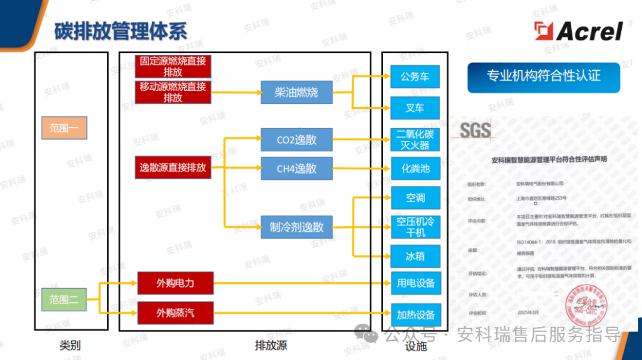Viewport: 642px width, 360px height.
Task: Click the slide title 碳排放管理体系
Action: coord(121,31)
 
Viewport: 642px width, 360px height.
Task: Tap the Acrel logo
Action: coord(578,31)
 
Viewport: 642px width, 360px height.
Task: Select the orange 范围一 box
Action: coord(64,128)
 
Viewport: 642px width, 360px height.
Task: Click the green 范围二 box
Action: coord(64,299)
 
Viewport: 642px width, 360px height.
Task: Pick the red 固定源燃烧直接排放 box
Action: coord(173,67)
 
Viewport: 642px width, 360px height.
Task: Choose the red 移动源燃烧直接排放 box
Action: coord(173,93)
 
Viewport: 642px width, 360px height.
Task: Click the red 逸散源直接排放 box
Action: coord(173,168)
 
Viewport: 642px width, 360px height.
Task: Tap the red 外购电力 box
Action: coord(175,283)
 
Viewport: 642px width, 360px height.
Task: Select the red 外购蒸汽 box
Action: coord(175,312)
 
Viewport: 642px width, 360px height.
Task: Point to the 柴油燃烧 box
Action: coord(296,93)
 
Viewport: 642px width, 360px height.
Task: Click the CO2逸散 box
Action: coord(296,140)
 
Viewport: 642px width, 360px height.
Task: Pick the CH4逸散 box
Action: coord(296,169)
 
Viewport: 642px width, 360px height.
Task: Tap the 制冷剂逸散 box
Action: coord(296,227)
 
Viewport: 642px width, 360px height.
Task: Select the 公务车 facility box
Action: coord(415,77)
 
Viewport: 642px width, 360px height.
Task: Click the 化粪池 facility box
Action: coord(415,169)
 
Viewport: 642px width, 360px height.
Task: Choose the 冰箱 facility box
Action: coord(415,257)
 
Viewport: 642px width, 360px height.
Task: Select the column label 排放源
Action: coord(270,345)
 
